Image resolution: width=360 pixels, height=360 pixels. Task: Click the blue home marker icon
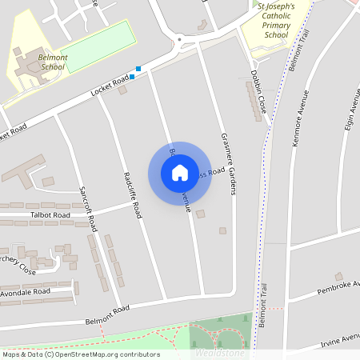(x=180, y=173)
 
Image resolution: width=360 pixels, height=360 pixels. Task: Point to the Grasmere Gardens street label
(x=228, y=164)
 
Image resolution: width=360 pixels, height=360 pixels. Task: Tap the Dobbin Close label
(x=257, y=97)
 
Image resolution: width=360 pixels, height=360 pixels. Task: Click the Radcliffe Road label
(x=133, y=194)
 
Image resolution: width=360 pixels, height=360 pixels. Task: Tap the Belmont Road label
(x=107, y=316)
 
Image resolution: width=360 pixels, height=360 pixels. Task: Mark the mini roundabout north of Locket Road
(x=179, y=38)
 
